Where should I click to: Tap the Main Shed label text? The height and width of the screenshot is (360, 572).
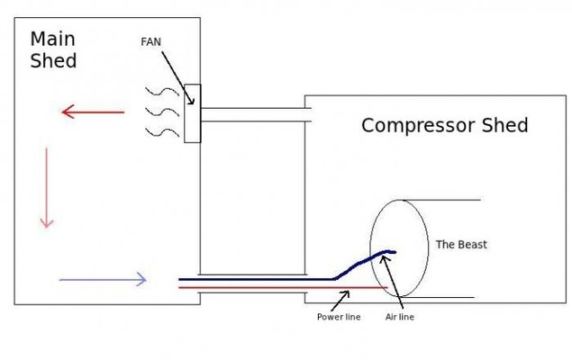pos(53,49)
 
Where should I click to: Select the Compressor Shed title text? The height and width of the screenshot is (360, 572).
pos(444,125)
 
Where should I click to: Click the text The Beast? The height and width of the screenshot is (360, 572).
pos(460,244)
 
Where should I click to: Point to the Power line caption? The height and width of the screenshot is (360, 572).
pos(338,317)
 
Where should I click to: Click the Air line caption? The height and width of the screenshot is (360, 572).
pos(399,317)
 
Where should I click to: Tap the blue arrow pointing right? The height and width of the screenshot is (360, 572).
pos(103,279)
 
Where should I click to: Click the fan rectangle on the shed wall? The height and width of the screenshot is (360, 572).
pos(192,113)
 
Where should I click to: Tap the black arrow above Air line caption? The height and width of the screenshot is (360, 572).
pos(392,279)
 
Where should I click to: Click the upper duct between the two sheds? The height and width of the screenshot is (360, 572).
pos(255,115)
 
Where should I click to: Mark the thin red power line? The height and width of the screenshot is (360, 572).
pos(270,288)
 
